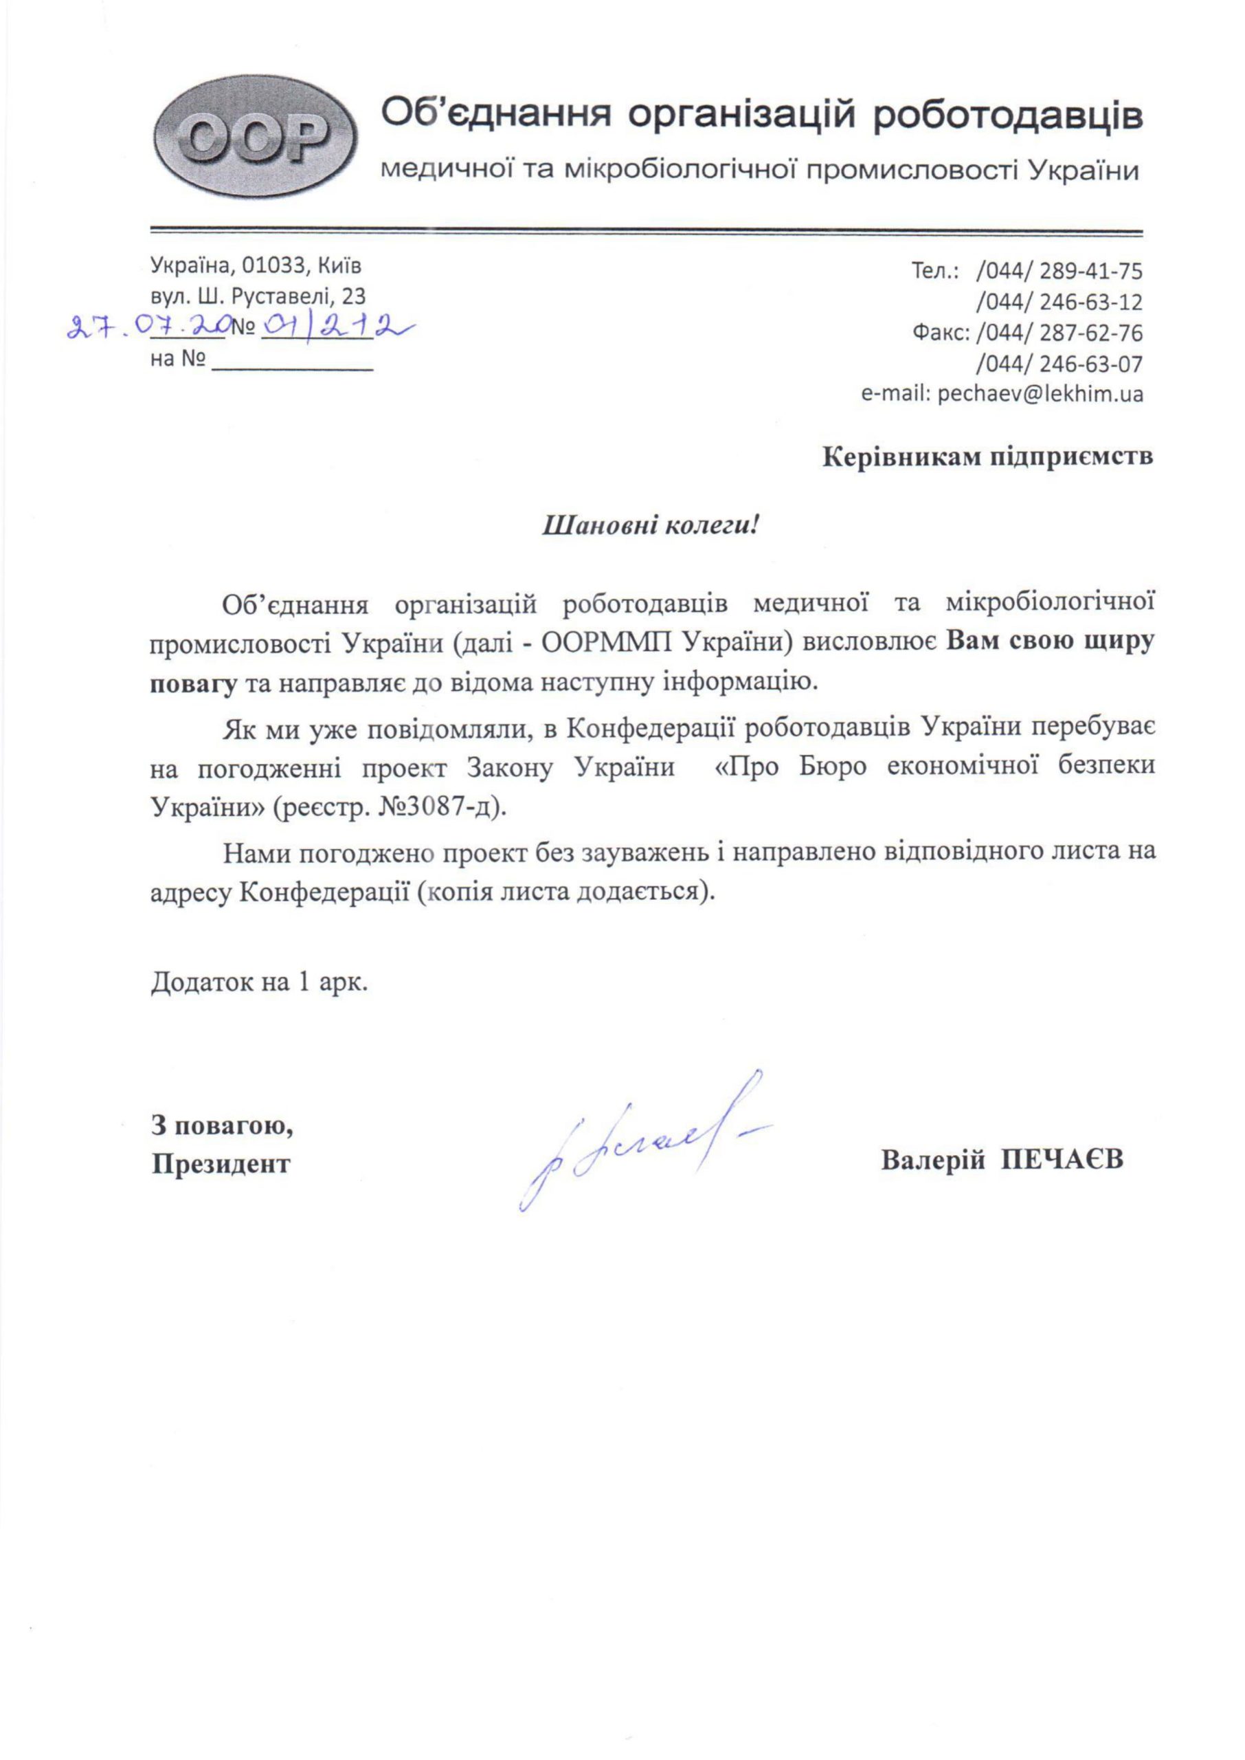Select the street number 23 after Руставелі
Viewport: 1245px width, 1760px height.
(x=353, y=296)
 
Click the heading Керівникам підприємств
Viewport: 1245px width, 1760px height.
(x=987, y=457)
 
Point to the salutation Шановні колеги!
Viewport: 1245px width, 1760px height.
(x=650, y=526)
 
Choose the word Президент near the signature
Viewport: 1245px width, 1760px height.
(x=221, y=1164)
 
